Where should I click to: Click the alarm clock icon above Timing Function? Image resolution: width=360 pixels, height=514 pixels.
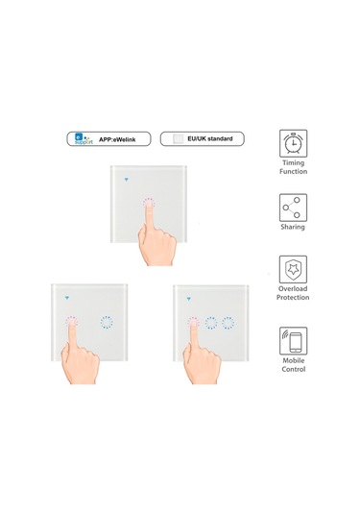293,143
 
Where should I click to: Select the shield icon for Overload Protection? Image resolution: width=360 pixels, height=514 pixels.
293,269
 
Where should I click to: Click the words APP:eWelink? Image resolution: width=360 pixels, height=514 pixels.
117,139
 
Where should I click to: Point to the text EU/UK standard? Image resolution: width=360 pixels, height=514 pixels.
210,138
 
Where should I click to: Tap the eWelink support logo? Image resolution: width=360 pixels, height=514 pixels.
84,138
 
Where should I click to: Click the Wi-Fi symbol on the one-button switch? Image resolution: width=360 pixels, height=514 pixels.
126,180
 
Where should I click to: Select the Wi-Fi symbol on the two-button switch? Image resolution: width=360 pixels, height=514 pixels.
67,298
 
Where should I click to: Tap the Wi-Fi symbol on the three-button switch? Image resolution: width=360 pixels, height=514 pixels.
188,299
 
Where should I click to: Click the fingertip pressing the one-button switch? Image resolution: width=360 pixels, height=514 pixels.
149,204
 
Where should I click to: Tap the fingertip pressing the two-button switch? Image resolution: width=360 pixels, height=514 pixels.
72,322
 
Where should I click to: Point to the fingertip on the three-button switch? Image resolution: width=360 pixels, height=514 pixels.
193,323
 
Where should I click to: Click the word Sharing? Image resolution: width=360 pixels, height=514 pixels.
293,227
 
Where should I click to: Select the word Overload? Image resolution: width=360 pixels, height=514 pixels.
293,289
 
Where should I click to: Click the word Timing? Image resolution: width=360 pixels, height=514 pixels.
293,163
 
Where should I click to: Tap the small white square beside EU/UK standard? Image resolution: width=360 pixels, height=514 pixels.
179,138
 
